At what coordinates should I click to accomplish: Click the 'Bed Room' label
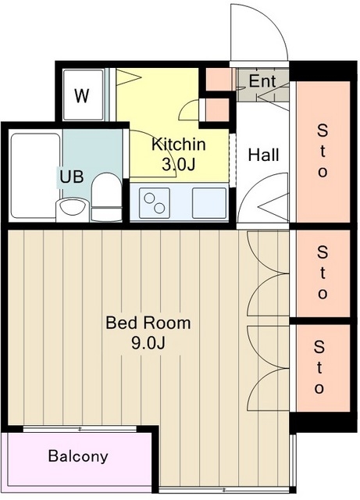pyautogui.click(x=148, y=323)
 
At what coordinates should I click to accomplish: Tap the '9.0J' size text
pyautogui.click(x=148, y=343)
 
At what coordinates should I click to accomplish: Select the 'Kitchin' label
pyautogui.click(x=179, y=144)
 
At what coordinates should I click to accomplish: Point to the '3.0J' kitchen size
pyautogui.click(x=179, y=165)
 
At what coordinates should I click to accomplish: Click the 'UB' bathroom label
pyautogui.click(x=72, y=177)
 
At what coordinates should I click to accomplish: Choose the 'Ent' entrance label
pyautogui.click(x=262, y=80)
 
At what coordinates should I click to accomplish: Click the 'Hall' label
pyautogui.click(x=264, y=155)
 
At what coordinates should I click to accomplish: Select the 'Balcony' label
pyautogui.click(x=78, y=456)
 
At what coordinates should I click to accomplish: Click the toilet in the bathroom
pyautogui.click(x=106, y=197)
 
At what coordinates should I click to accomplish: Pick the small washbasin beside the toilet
pyautogui.click(x=73, y=209)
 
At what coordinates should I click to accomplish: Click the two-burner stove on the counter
pyautogui.click(x=155, y=203)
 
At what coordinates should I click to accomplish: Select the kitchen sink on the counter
pyautogui.click(x=209, y=203)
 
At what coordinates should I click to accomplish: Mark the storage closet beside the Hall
pyautogui.click(x=323, y=152)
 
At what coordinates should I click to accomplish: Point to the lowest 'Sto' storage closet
pyautogui.click(x=323, y=368)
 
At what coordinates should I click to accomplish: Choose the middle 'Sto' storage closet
pyautogui.click(x=323, y=273)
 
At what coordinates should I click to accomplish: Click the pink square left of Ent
pyautogui.click(x=218, y=79)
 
